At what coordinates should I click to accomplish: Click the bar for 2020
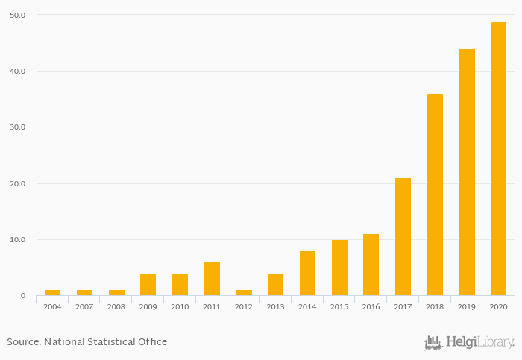click(498, 159)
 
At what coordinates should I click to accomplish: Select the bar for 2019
click(467, 172)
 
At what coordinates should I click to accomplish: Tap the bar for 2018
click(435, 195)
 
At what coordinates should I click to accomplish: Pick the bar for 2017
click(403, 237)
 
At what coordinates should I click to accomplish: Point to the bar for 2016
click(371, 265)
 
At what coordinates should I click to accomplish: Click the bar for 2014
click(307, 274)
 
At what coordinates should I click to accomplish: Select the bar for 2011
click(212, 279)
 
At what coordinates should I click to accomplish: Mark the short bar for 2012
click(244, 293)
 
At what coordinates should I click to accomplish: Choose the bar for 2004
click(52, 293)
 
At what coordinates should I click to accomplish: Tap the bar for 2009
click(148, 285)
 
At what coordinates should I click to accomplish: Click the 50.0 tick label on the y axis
click(17, 15)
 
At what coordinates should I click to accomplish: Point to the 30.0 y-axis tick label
click(17, 127)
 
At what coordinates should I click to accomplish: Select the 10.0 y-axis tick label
click(17, 240)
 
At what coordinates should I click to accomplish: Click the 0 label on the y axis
click(22, 296)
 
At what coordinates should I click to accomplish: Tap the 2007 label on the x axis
click(84, 306)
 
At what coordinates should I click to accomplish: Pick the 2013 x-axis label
click(275, 306)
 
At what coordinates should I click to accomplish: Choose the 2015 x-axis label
click(339, 306)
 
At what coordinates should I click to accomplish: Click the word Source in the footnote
click(23, 342)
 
